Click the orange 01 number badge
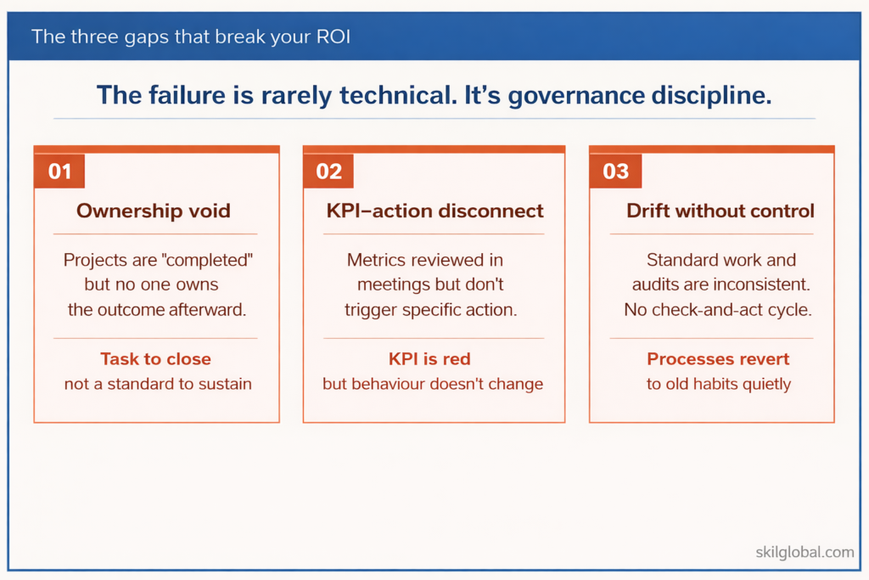click(x=59, y=172)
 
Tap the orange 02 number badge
click(x=328, y=172)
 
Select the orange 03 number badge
click(x=615, y=172)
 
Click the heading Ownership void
click(x=154, y=211)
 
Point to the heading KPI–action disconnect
click(x=434, y=211)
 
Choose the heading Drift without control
click(x=720, y=211)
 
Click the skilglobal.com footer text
click(x=805, y=552)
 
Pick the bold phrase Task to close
click(x=155, y=359)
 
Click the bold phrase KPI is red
click(x=433, y=359)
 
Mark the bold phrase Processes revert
click(x=718, y=359)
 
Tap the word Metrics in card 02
click(x=378, y=260)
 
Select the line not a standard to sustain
click(x=158, y=384)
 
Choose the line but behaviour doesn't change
click(x=433, y=384)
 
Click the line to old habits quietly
click(x=718, y=384)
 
